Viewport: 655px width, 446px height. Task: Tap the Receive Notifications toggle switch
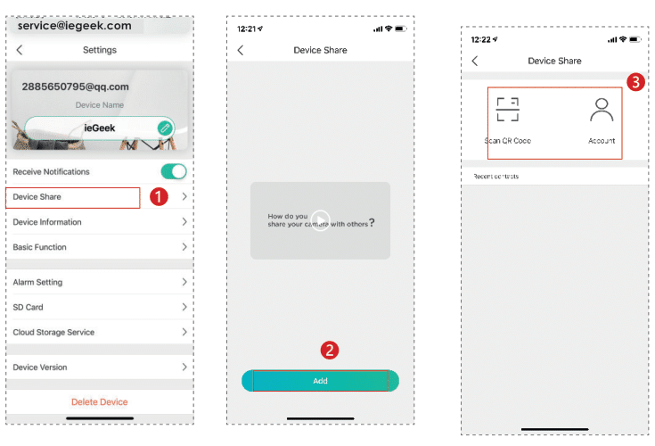tap(173, 171)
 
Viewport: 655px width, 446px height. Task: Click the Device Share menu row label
tap(37, 197)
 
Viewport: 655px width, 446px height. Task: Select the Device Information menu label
tap(47, 222)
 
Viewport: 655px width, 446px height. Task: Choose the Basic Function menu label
tap(40, 247)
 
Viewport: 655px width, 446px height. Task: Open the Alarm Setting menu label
tap(38, 282)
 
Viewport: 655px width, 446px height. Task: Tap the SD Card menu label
tap(29, 307)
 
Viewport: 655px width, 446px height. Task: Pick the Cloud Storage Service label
tap(53, 332)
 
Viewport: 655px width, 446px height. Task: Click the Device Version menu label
tap(40, 367)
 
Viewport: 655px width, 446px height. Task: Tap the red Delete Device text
tap(100, 402)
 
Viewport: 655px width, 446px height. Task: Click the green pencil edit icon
tap(164, 128)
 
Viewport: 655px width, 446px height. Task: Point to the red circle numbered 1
tap(159, 197)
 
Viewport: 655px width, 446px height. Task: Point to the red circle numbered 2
tap(329, 351)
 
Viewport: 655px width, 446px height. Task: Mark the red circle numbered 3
tap(635, 82)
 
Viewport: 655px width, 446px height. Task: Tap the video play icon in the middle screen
tap(321, 220)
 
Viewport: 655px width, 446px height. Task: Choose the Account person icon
tap(602, 109)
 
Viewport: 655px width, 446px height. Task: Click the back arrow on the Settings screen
tap(20, 51)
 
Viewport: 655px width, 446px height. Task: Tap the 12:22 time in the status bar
tap(481, 39)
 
